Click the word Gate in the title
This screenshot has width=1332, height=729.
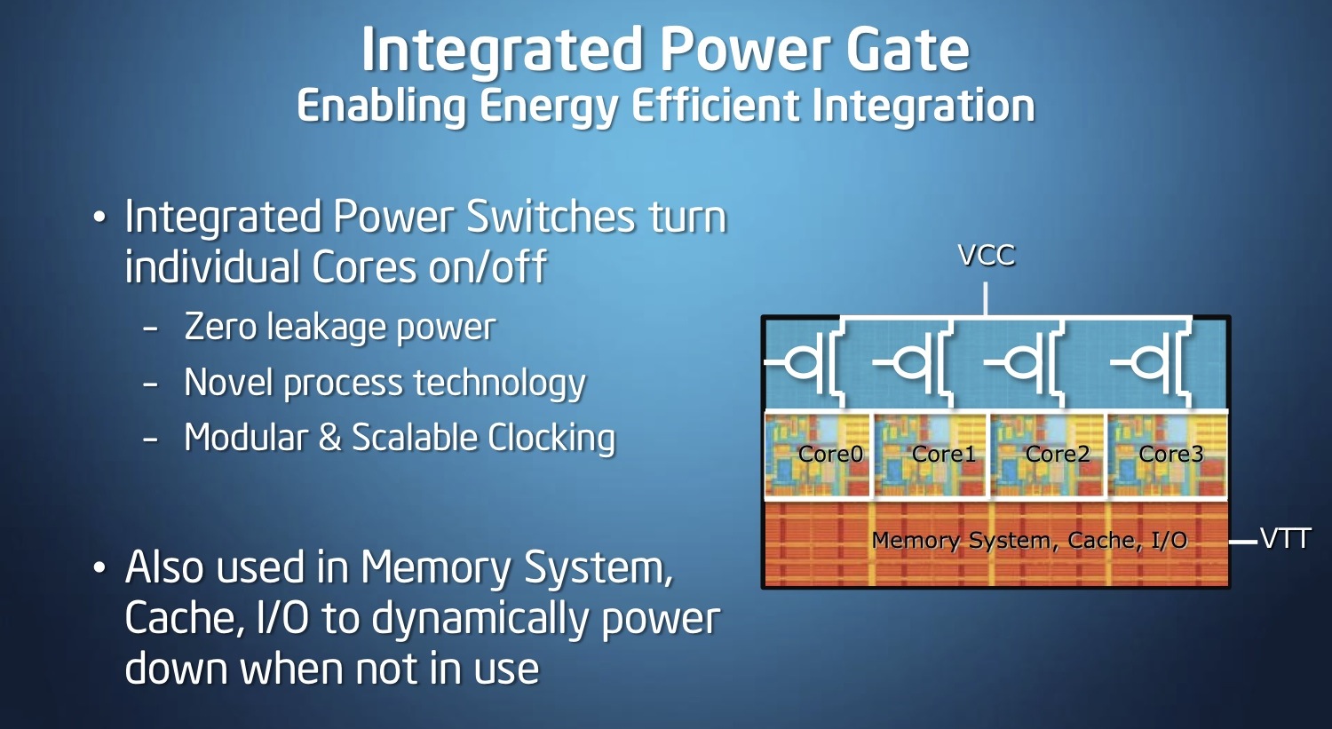pos(908,49)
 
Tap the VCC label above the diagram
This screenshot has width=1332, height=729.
pos(987,256)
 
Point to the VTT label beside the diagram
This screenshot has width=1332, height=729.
pos(1285,539)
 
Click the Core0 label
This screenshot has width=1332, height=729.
pos(830,455)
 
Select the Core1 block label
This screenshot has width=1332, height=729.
pos(944,455)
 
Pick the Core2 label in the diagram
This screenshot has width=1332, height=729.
pos(1058,455)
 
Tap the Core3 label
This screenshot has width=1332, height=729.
pos(1171,455)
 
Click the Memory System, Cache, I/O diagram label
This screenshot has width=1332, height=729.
pos(1029,541)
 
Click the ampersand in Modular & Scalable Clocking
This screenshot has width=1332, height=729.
pos(330,438)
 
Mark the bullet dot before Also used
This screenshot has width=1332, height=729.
pos(99,568)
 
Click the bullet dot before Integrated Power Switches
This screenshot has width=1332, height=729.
pos(99,217)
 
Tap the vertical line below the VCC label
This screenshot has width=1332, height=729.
pos(986,299)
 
